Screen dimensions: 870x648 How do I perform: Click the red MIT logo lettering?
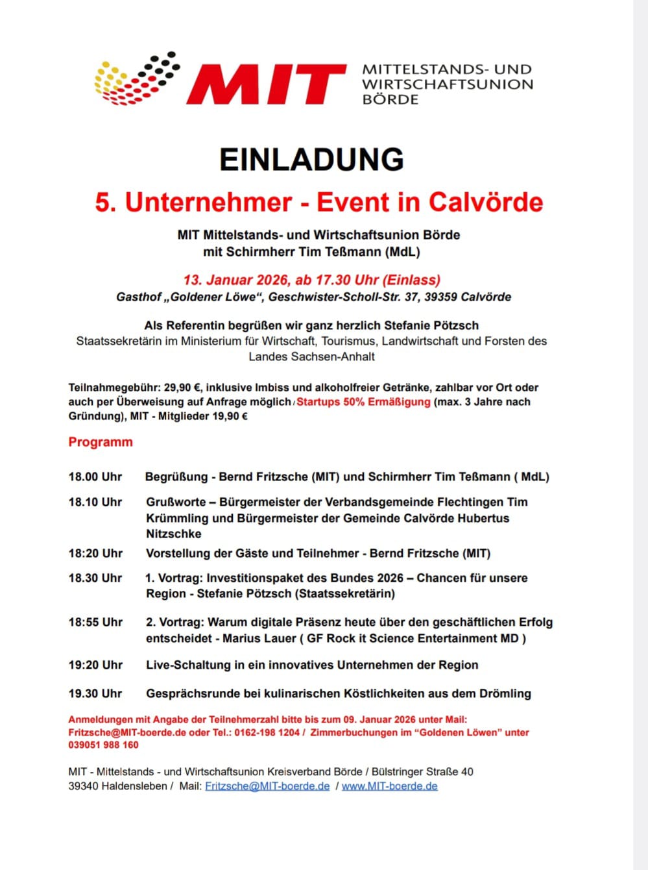266,84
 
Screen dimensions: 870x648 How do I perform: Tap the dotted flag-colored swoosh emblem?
137,79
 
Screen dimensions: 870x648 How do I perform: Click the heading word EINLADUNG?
311,160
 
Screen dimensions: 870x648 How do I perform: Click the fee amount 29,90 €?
182,388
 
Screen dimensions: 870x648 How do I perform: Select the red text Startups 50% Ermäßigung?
363,402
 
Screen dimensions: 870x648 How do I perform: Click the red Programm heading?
101,442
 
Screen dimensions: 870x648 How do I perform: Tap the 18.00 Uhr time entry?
95,477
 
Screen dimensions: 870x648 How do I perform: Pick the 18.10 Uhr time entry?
95,502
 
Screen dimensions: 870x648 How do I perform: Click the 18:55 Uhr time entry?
95,622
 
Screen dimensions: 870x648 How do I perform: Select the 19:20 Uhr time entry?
95,665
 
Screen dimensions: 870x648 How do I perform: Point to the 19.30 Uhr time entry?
95,693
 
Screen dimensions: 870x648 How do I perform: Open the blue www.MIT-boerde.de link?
389,786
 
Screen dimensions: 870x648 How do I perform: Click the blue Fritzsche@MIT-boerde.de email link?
267,786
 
